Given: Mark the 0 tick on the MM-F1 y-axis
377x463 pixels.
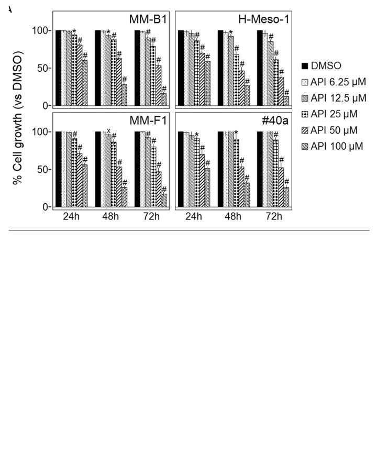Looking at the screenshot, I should tap(45, 207).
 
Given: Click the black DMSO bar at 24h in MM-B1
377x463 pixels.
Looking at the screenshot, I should tap(58, 68).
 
